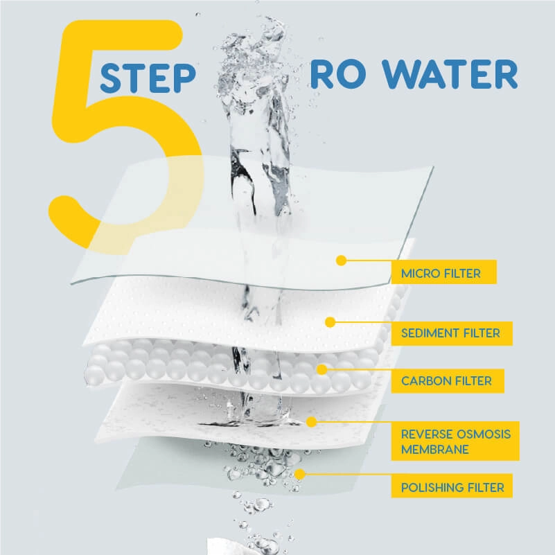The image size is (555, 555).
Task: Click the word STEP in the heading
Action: tap(148, 78)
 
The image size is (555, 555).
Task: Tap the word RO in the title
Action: tap(338, 74)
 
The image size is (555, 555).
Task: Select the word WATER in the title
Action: tap(450, 74)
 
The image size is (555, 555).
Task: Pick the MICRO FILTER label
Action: tap(444, 272)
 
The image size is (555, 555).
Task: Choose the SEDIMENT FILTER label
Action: tap(452, 333)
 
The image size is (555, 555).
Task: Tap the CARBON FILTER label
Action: tap(448, 381)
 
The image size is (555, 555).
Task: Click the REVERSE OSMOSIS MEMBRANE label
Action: tap(455, 441)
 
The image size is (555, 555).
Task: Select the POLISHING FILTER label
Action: tap(452, 486)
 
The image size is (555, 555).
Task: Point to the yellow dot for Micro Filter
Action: tap(341, 261)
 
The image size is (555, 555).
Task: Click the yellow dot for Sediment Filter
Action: tap(331, 322)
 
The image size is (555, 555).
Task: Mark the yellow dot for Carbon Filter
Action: tap(321, 369)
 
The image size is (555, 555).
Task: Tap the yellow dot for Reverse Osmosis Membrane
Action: tap(311, 421)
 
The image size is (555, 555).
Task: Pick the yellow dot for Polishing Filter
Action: tap(300, 475)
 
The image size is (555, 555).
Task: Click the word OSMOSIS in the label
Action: tap(483, 434)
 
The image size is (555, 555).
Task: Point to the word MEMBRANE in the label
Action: tap(435, 450)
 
